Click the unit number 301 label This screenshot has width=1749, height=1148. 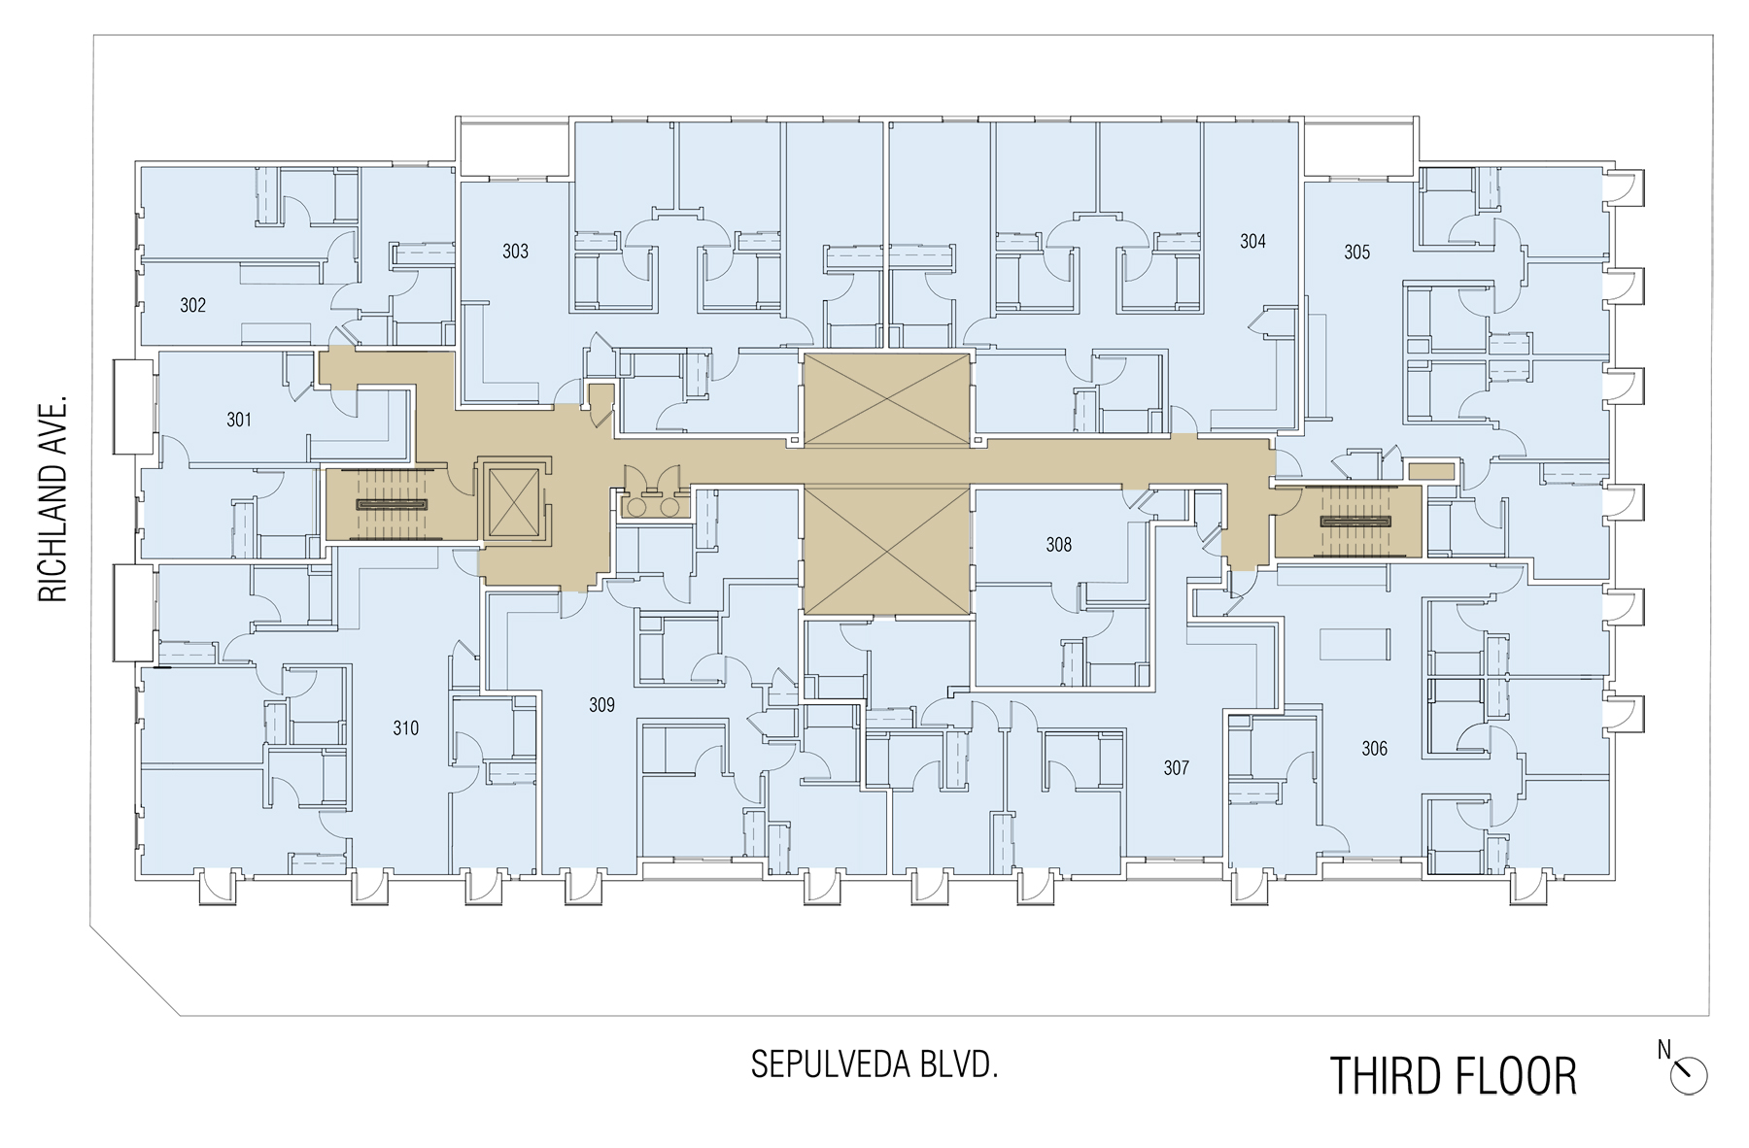(x=239, y=420)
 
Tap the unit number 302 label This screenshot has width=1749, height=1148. (x=193, y=305)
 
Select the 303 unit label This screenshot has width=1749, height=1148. (x=516, y=252)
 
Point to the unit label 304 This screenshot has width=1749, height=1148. (x=1253, y=241)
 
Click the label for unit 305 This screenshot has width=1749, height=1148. (x=1357, y=253)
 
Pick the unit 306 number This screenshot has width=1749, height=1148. (x=1375, y=748)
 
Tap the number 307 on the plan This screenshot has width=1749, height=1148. (x=1177, y=768)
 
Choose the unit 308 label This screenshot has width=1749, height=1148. (x=1059, y=545)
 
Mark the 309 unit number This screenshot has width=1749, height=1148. (x=602, y=705)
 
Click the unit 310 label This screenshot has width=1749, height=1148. (x=406, y=728)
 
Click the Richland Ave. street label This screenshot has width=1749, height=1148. (x=53, y=497)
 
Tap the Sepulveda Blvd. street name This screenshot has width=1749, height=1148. (x=874, y=1064)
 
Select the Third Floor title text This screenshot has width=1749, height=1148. (x=1454, y=1076)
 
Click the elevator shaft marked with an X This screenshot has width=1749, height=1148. (x=513, y=502)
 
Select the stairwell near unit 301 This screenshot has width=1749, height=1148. (x=392, y=505)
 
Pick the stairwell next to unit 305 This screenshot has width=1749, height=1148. (x=1355, y=522)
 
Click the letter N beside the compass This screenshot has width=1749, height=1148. (x=1663, y=1050)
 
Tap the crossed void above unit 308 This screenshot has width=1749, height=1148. (x=887, y=399)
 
